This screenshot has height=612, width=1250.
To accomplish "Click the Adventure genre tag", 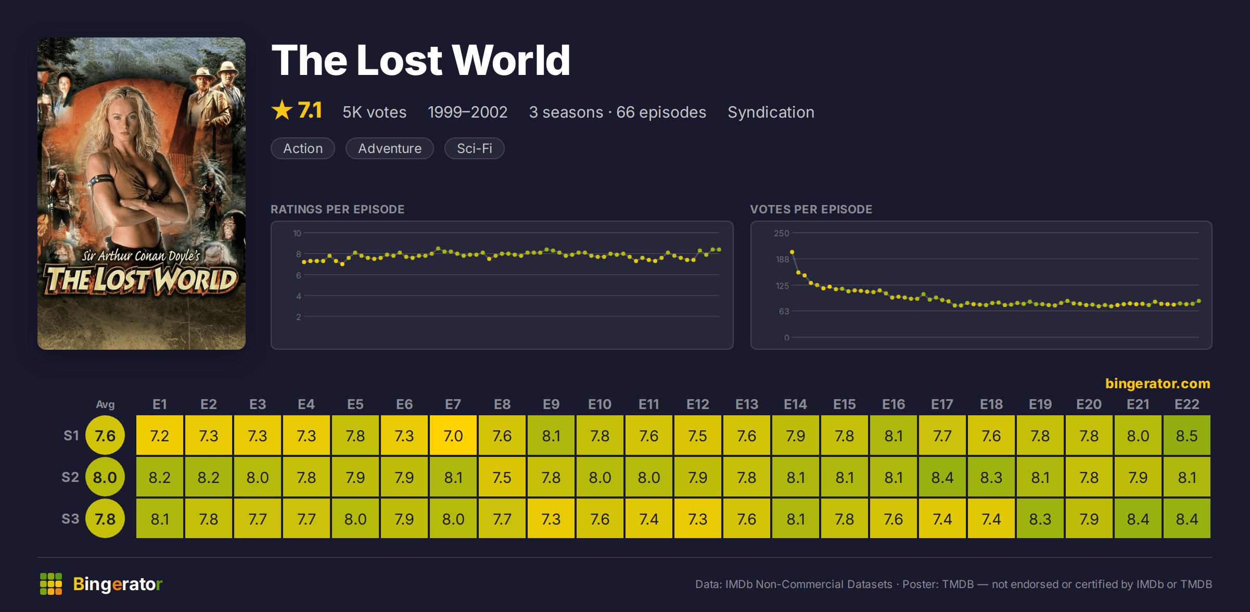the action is click(390, 148).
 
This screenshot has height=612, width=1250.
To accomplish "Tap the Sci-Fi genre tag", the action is click(474, 148).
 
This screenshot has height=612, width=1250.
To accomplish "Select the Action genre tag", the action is click(303, 148).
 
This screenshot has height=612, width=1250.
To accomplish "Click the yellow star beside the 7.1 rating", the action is click(282, 110).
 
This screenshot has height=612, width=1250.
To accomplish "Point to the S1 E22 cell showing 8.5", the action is click(1187, 436).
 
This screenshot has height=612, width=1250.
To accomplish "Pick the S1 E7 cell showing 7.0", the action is click(453, 436).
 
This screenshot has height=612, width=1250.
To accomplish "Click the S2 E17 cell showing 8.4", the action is click(942, 477).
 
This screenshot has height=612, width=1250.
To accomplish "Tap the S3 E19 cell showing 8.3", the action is click(1040, 519).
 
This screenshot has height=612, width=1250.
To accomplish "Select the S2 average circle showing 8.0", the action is click(105, 477).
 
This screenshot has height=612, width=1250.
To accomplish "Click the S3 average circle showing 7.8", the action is click(105, 519).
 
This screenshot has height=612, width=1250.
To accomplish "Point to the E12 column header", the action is click(697, 404).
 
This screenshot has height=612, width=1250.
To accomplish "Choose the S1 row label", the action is click(71, 436).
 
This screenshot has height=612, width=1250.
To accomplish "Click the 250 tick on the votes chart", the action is click(781, 233).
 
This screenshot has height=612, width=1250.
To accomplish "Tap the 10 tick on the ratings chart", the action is click(297, 233).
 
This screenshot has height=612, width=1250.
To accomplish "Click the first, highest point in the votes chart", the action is click(792, 252).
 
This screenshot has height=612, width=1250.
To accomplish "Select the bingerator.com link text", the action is click(1157, 384).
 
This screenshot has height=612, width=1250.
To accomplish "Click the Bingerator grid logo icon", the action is click(51, 584).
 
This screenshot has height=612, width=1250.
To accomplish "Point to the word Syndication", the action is click(771, 112).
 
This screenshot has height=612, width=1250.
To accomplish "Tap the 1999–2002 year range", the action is click(467, 112).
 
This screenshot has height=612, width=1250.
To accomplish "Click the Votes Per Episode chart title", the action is click(811, 209).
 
